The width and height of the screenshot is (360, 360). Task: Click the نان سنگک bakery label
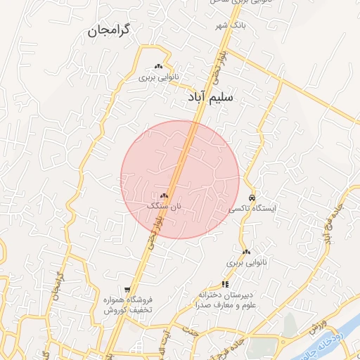pos(164,206)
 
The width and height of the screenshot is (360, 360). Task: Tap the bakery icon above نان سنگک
pos(164,195)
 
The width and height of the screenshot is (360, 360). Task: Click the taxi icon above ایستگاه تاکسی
pos(252,198)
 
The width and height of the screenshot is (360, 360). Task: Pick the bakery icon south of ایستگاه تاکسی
pos(246,252)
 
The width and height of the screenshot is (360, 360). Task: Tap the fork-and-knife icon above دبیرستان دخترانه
pos(225,284)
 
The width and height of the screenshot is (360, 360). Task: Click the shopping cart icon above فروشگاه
pos(127,289)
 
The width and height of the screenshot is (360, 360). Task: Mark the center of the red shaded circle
pos(180,179)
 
